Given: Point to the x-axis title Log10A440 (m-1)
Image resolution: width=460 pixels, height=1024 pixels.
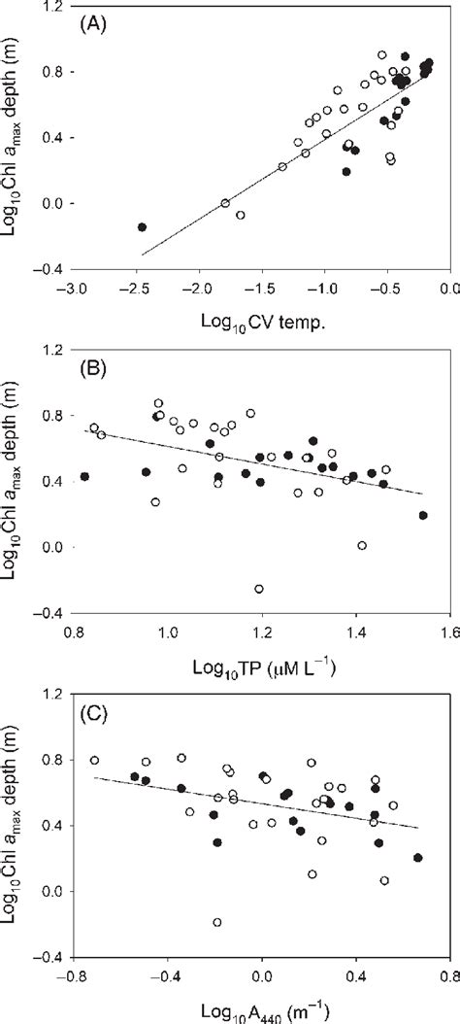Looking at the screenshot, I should click(263, 1011).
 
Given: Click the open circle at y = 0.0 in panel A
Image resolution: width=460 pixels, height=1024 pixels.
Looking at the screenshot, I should click(225, 203).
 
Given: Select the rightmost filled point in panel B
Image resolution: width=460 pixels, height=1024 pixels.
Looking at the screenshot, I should click(423, 515).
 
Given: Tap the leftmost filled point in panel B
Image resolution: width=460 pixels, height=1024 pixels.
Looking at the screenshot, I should click(84, 476).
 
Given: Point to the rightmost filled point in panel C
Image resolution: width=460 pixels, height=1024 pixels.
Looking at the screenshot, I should click(417, 858).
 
